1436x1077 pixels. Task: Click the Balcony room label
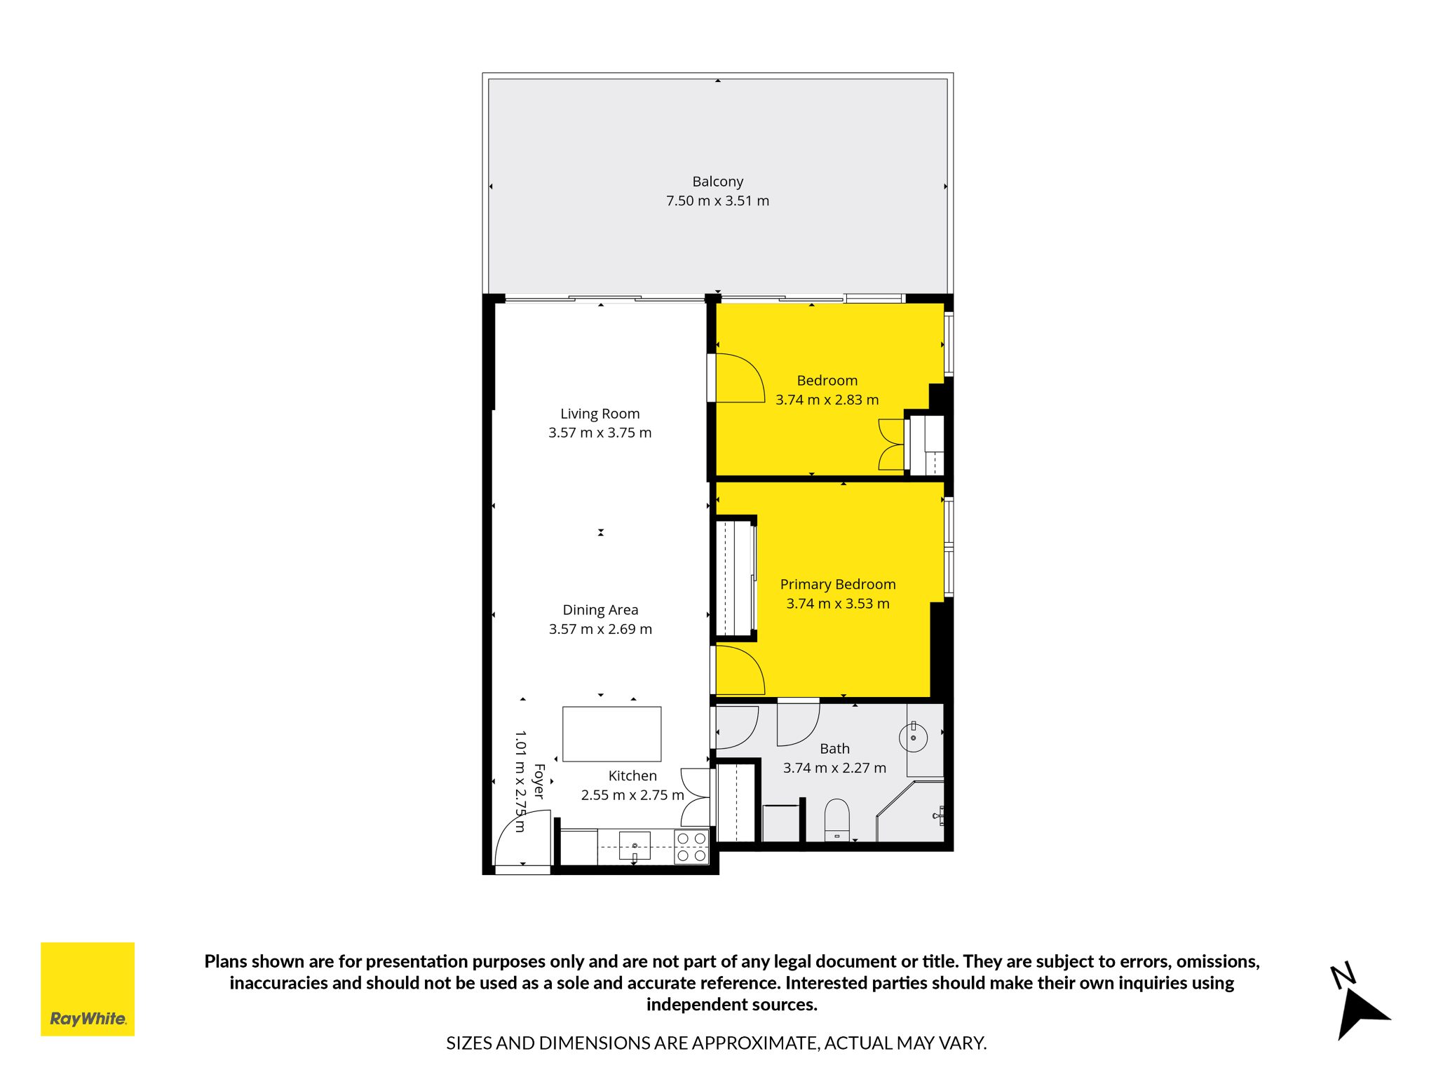click(x=717, y=182)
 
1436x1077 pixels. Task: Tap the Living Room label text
click(x=600, y=414)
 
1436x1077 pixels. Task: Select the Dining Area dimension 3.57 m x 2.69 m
click(x=600, y=629)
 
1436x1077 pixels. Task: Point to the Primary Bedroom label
click(x=838, y=584)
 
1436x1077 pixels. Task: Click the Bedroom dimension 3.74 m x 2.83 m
click(x=827, y=400)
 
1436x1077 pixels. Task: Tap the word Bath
click(x=834, y=749)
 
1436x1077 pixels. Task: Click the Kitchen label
click(x=632, y=775)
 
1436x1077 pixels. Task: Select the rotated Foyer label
click(x=539, y=781)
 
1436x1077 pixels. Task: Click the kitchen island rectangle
click(x=611, y=733)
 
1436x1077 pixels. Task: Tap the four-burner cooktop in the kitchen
click(x=691, y=846)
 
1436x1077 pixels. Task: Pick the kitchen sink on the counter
click(x=635, y=846)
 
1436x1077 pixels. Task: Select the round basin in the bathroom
click(x=913, y=738)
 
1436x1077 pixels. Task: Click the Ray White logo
click(x=88, y=989)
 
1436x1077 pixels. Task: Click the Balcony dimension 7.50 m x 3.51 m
click(x=717, y=201)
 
